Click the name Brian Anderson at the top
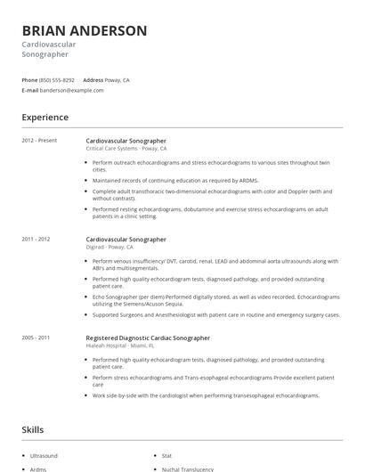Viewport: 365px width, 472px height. (85, 30)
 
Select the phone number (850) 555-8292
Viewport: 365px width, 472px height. (58, 79)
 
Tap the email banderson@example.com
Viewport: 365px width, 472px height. (72, 90)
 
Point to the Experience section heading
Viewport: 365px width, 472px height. (45, 117)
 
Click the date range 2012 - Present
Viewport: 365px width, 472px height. (38, 141)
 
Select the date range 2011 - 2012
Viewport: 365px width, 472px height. (36, 239)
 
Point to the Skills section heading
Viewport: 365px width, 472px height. (32, 429)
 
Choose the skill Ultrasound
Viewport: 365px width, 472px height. (44, 455)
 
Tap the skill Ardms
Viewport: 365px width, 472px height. (38, 468)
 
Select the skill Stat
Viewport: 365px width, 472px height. (166, 455)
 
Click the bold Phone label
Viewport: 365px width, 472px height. (29, 79)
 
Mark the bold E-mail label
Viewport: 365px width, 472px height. (29, 90)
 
